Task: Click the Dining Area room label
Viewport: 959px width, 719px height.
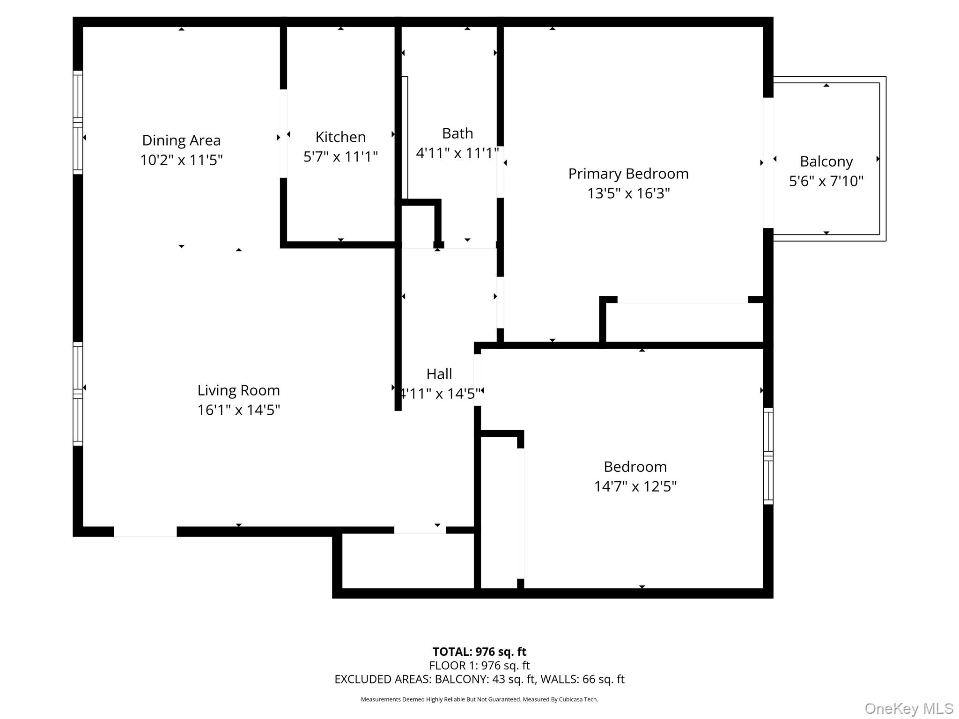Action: click(x=181, y=140)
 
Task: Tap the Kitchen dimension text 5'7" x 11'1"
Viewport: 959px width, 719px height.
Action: click(x=340, y=156)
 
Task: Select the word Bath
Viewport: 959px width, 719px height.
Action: click(x=457, y=133)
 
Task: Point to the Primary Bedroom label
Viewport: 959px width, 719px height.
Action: click(x=628, y=174)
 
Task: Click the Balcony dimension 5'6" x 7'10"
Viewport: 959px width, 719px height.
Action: click(x=826, y=181)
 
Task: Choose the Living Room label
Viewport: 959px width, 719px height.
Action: click(x=238, y=390)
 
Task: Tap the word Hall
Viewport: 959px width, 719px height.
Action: click(x=439, y=374)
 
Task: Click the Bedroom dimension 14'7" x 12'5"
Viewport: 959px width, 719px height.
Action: click(x=635, y=486)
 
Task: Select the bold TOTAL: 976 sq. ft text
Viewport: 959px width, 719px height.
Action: click(x=479, y=652)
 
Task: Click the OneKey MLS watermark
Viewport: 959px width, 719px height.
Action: click(x=908, y=708)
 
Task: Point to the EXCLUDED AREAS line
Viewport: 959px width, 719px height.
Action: click(x=479, y=679)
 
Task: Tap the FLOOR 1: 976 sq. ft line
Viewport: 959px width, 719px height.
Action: click(x=479, y=666)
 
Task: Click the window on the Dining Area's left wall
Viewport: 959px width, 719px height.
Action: click(x=78, y=123)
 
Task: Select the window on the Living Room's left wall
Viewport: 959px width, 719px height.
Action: click(x=78, y=394)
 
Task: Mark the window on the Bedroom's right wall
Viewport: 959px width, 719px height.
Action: click(x=768, y=456)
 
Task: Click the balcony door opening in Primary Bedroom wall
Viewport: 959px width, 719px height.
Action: click(x=768, y=162)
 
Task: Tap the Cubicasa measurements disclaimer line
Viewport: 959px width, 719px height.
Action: click(x=479, y=699)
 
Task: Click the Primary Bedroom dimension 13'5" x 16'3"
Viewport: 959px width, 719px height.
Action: click(x=628, y=193)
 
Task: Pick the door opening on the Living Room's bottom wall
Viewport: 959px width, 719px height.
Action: click(x=145, y=531)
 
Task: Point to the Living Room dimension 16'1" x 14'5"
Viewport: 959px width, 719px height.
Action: click(x=238, y=410)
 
